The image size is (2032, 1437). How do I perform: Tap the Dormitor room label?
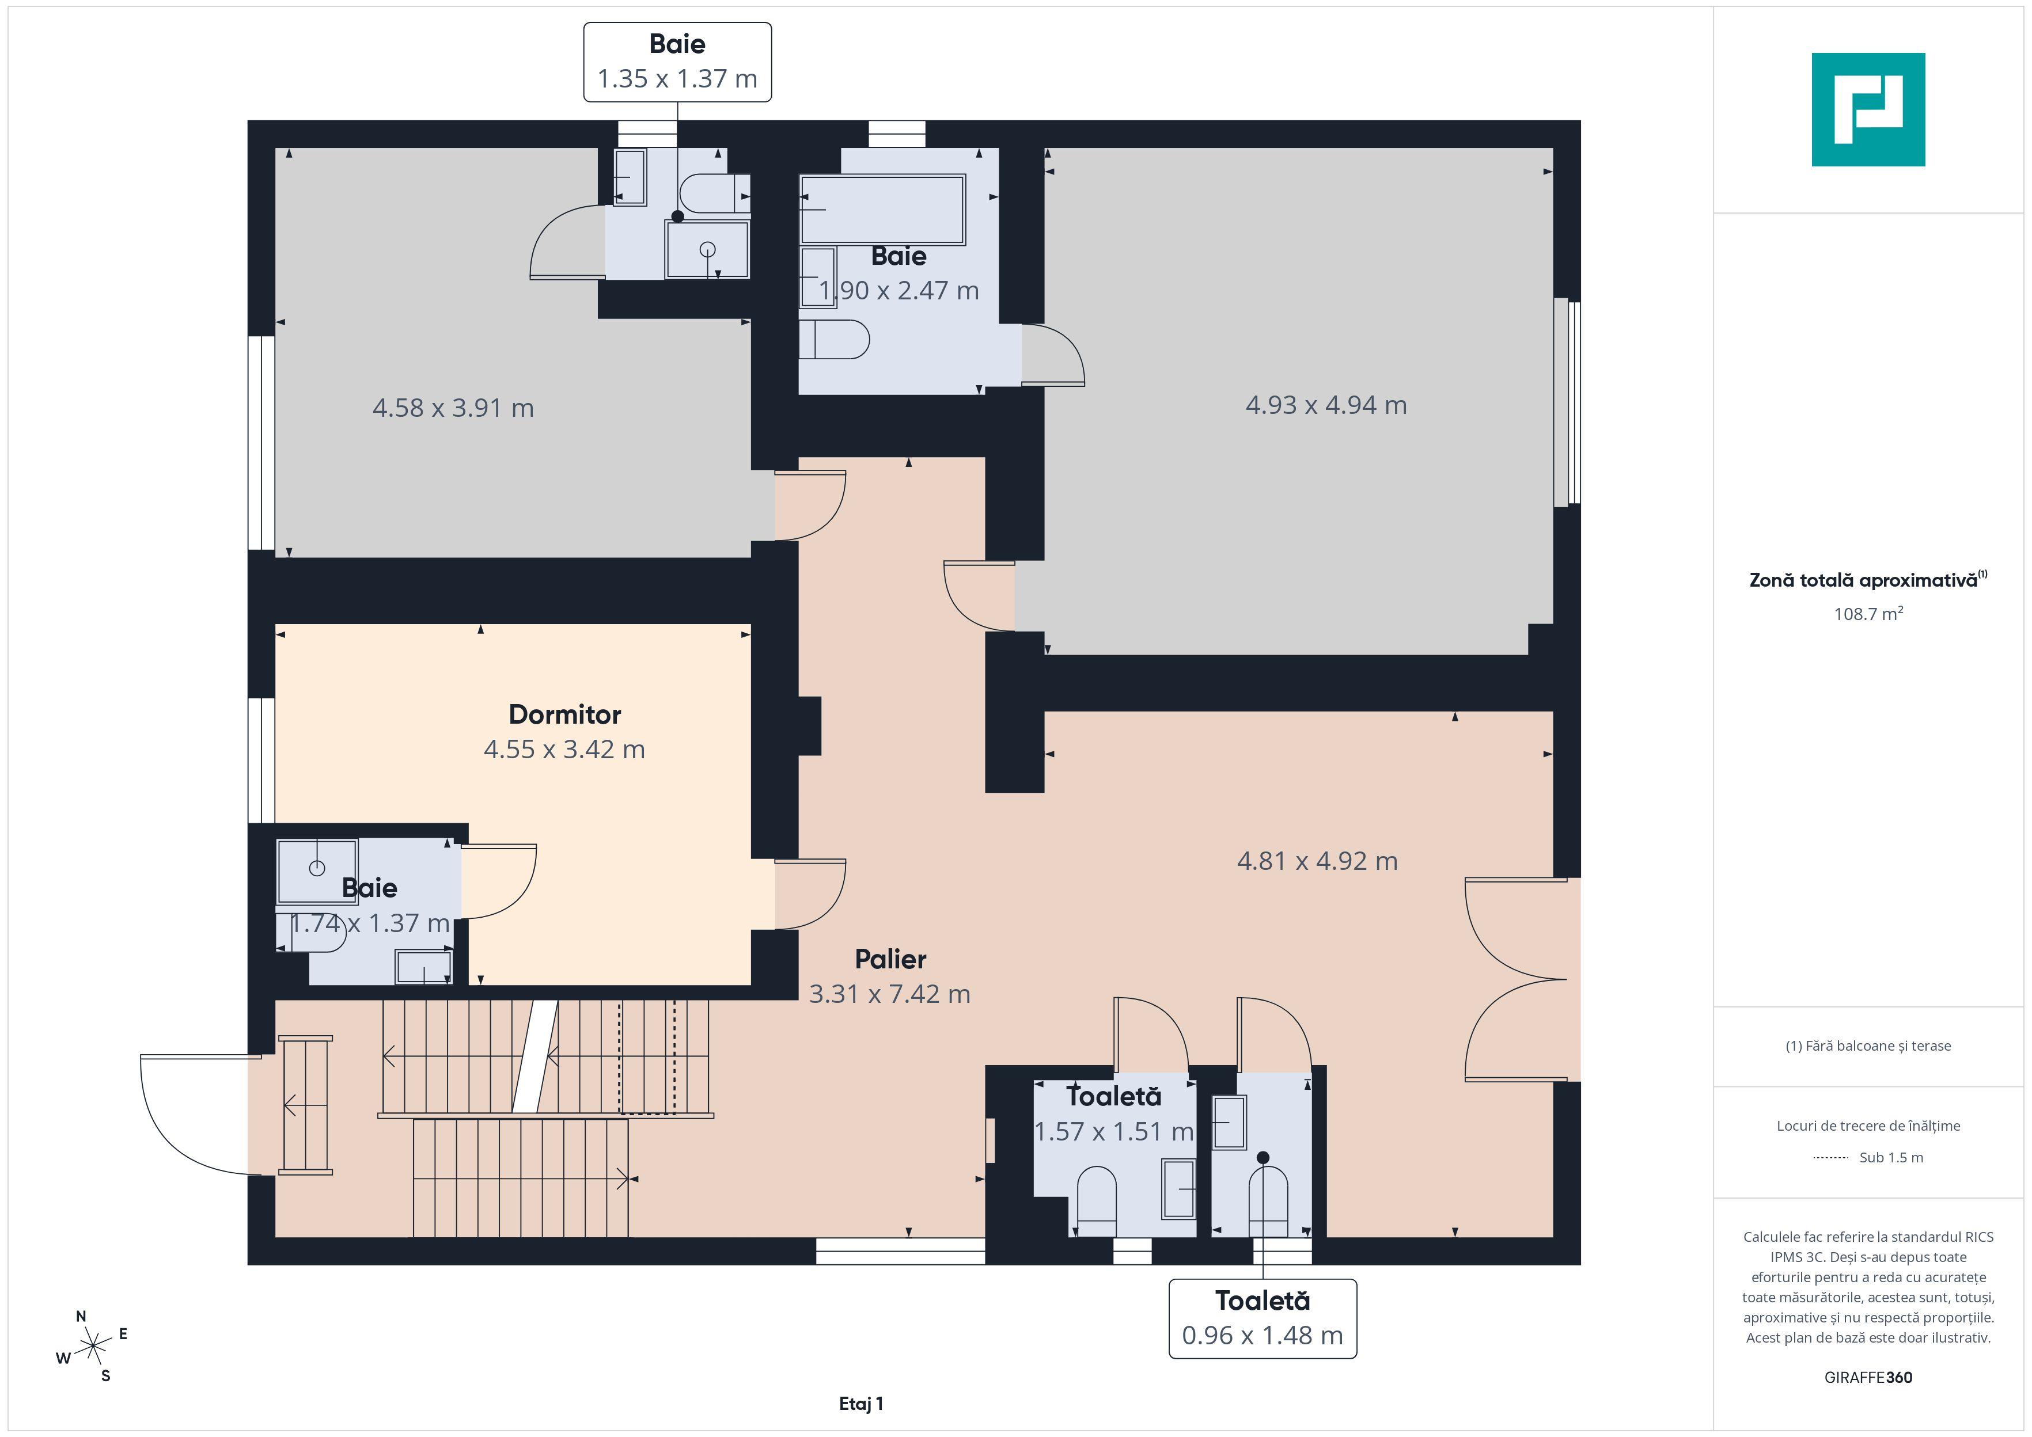click(x=564, y=714)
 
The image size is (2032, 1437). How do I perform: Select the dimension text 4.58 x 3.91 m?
click(x=453, y=408)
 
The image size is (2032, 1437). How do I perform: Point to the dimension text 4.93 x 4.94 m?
click(x=1326, y=405)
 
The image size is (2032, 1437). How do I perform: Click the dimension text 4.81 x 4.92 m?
click(x=1317, y=861)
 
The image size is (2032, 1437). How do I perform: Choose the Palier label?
click(x=890, y=959)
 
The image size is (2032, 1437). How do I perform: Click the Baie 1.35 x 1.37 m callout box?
click(x=677, y=62)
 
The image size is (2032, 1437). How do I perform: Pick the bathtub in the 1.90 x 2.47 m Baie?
click(x=882, y=210)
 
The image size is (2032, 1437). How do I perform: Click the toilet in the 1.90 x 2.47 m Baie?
click(x=833, y=340)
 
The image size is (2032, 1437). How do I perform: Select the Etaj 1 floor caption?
click(x=861, y=1404)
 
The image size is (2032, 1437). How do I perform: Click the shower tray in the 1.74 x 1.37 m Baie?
click(x=317, y=872)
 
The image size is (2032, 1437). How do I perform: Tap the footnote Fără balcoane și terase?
click(x=1868, y=1046)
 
